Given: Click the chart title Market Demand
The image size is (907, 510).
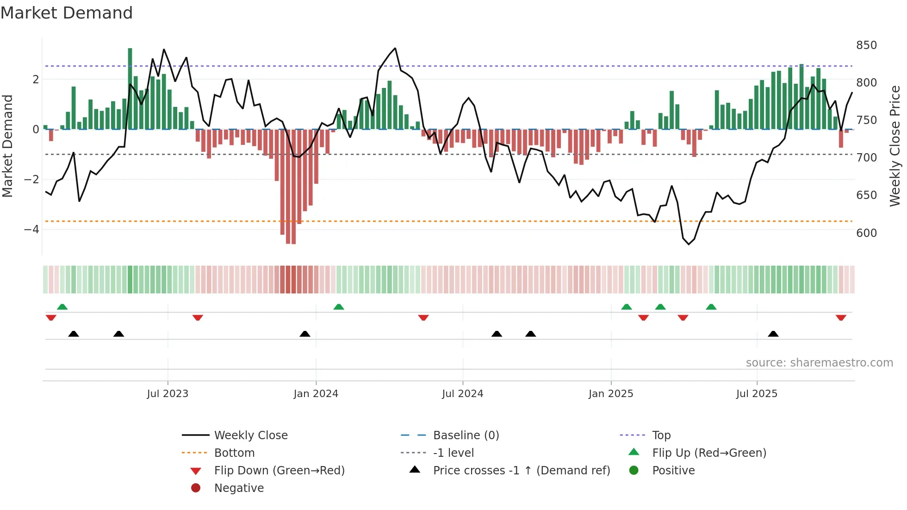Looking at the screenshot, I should [x=67, y=13].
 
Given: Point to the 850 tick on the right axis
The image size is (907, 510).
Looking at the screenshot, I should [x=866, y=45].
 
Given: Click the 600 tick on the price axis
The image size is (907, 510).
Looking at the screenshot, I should [x=866, y=233].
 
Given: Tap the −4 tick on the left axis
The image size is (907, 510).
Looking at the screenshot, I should [x=31, y=229].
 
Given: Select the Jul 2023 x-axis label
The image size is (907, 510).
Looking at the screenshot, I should [x=168, y=394].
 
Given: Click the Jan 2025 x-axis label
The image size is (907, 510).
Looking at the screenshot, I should [x=611, y=394].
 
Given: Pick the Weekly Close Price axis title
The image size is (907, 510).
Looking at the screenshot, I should [x=895, y=146].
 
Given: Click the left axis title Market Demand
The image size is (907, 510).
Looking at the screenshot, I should [x=7, y=146].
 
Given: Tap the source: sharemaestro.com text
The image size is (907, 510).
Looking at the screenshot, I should [x=819, y=363].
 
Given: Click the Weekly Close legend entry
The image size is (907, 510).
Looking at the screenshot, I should [x=250, y=435].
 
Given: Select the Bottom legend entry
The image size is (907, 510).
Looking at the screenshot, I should [x=234, y=453].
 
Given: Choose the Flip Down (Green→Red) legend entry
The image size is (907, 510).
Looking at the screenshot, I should [x=279, y=471].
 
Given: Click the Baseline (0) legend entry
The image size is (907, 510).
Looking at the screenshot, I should [x=466, y=435].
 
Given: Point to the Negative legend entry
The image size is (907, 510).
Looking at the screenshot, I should [x=239, y=488].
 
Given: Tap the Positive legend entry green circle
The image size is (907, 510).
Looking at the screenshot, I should [x=634, y=471].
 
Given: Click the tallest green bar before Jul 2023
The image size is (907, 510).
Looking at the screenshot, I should [x=130, y=88].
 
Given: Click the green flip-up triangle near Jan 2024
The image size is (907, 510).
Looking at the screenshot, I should [x=339, y=307].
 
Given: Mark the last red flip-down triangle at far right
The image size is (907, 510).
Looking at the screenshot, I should [x=841, y=317].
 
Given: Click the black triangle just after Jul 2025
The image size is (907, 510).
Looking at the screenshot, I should [x=773, y=334].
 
